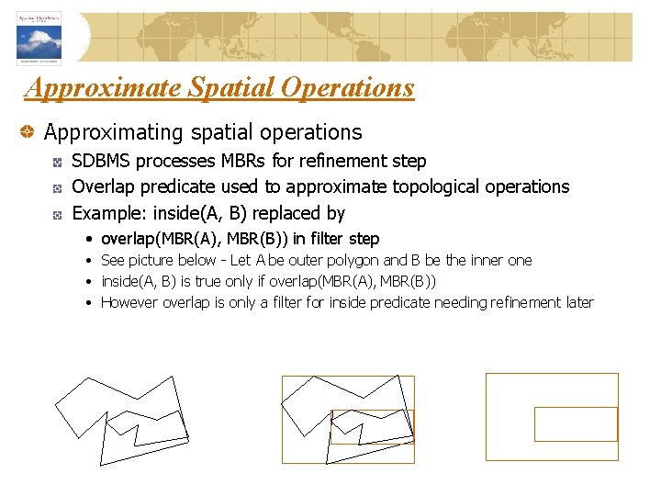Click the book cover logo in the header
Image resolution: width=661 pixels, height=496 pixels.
coord(38,38)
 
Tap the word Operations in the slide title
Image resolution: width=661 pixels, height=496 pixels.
coord(348,88)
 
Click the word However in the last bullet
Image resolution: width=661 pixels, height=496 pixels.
coord(129,302)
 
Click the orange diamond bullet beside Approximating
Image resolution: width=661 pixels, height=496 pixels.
coord(30,133)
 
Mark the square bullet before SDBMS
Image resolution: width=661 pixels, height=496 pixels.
coord(57,162)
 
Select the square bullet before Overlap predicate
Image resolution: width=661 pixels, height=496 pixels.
coord(57,187)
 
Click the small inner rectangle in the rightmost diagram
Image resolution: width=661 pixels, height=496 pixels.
coord(576,423)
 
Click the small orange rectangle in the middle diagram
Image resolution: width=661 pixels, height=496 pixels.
coord(372,426)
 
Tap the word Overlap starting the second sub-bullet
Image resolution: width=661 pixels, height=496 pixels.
coord(102,186)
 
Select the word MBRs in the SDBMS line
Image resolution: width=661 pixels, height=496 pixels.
coord(243,161)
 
